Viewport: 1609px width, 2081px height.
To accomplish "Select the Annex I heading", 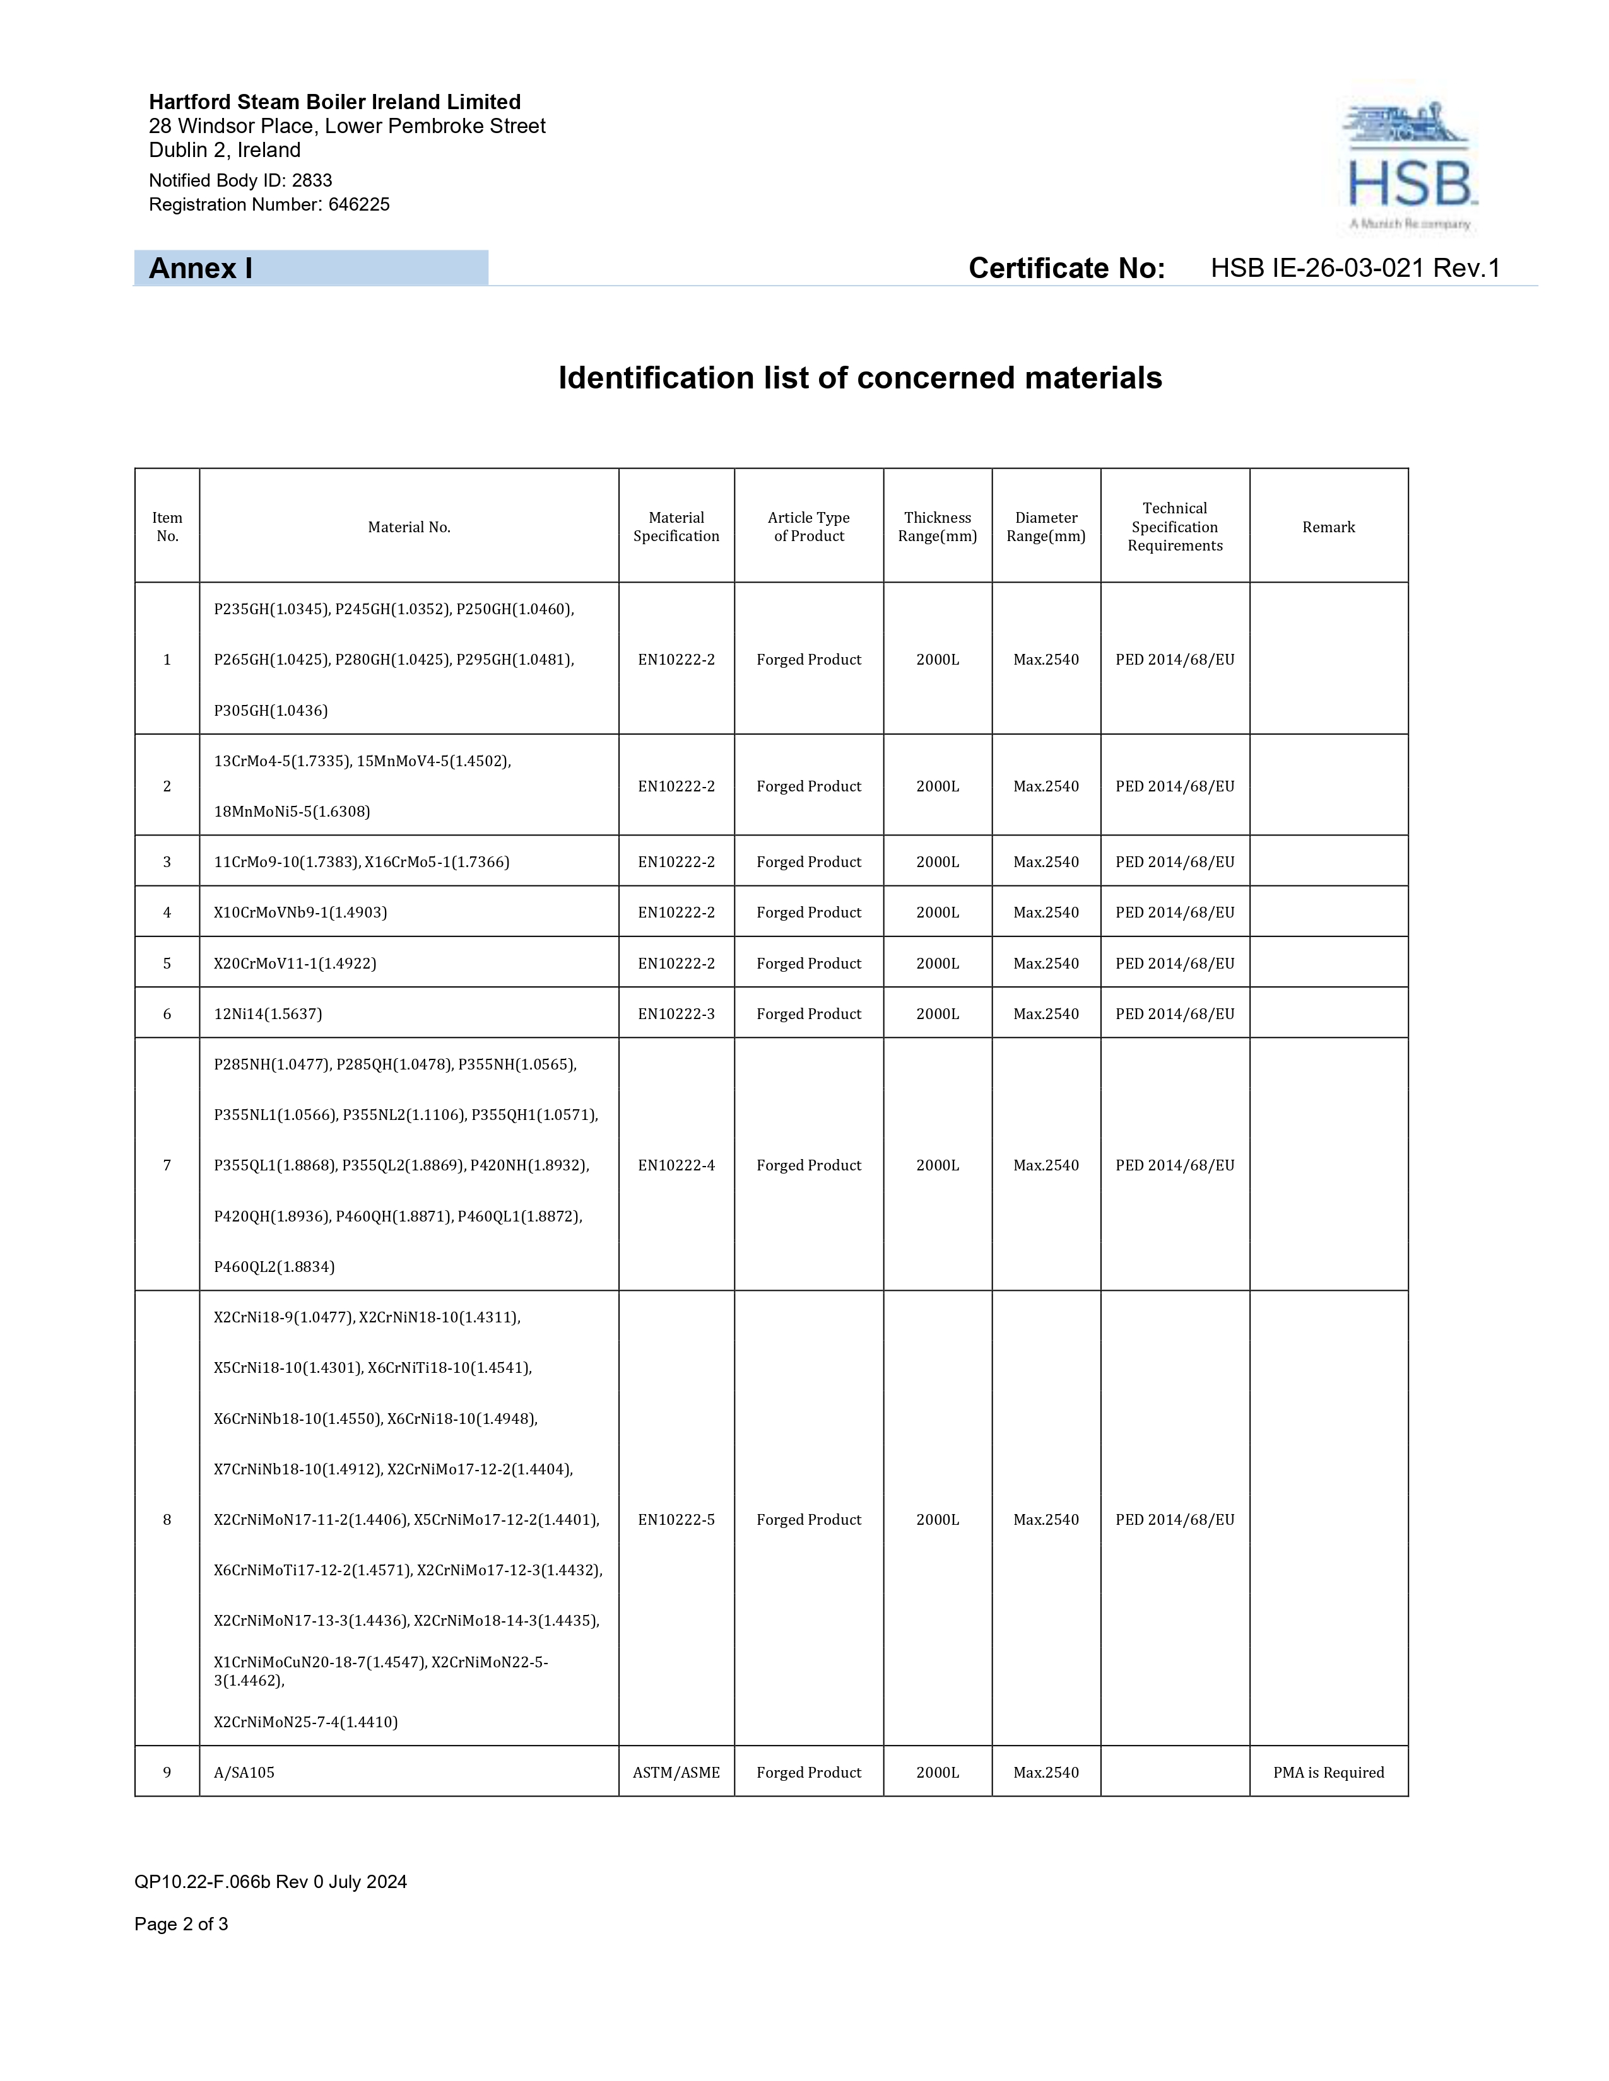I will click(201, 269).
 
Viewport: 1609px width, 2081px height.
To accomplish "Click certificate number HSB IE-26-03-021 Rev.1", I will click(1355, 269).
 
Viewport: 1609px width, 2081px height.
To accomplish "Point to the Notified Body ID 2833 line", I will click(240, 180).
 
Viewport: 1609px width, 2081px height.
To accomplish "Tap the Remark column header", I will click(1328, 527).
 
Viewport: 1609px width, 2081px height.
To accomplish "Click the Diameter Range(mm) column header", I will click(1046, 527).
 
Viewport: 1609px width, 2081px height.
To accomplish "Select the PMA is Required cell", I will click(1328, 1772).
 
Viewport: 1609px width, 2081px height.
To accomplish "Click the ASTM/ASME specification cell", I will click(676, 1772).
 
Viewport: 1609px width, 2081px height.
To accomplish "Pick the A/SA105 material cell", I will click(244, 1772).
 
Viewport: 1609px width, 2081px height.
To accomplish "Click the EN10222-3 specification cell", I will click(676, 1014).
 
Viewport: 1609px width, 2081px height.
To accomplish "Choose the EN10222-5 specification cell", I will click(676, 1520).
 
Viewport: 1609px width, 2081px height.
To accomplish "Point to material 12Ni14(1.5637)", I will click(268, 1014).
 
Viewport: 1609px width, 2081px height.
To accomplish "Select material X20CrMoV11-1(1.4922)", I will click(295, 964).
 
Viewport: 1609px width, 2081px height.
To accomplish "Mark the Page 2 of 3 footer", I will click(181, 1924).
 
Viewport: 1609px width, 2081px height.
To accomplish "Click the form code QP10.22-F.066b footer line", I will click(271, 1882).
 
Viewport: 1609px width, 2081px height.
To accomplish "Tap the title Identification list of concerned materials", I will click(860, 378).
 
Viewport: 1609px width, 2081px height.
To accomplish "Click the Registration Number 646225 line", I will click(269, 205).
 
